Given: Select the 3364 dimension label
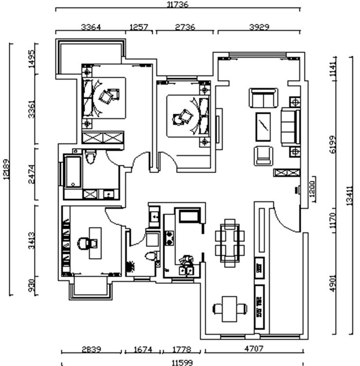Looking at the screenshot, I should click(90, 27).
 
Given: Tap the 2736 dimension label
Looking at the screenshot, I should click(184, 27).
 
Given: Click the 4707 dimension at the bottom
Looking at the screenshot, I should click(253, 349).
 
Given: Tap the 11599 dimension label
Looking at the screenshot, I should click(181, 362).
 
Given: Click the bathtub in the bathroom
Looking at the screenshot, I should click(73, 172).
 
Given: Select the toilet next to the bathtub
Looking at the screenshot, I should click(90, 157).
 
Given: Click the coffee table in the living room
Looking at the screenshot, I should click(263, 126).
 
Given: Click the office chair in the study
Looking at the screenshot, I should click(84, 243).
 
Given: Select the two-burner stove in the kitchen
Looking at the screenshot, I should click(170, 238).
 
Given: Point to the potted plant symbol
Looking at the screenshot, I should click(130, 266).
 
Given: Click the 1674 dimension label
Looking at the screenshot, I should click(141, 349).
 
